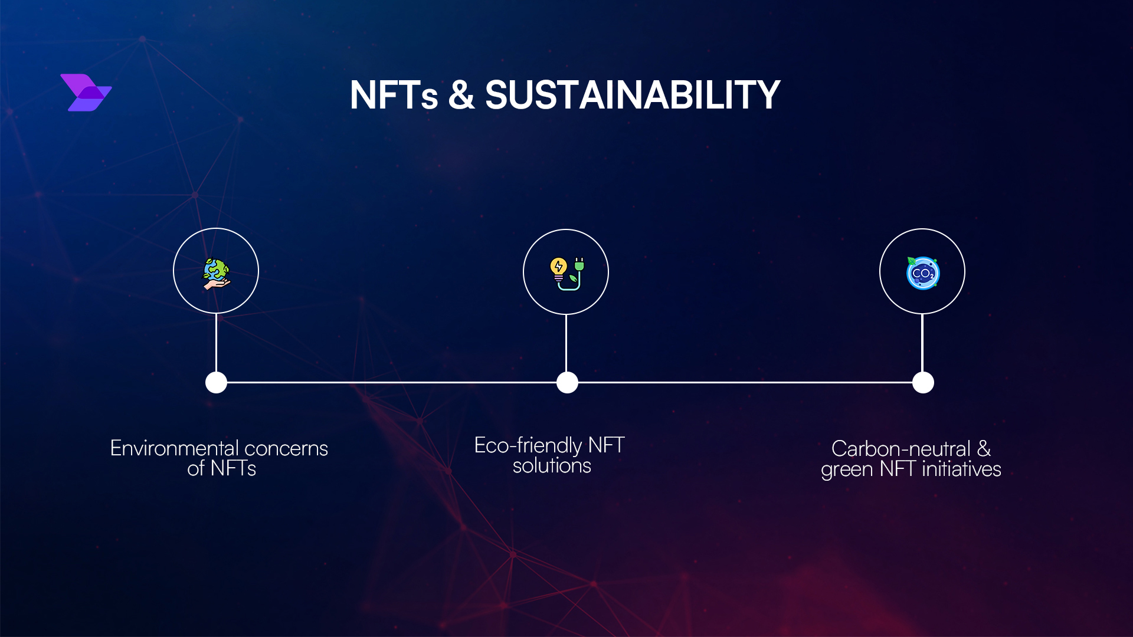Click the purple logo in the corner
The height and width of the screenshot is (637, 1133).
pos(86,93)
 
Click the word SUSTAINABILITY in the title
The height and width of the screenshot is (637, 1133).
pos(633,96)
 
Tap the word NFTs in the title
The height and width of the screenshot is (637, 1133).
pos(394,96)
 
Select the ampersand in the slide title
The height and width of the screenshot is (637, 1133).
pos(461,96)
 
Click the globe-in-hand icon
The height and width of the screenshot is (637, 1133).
pos(216,273)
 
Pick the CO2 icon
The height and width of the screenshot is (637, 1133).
pos(922,273)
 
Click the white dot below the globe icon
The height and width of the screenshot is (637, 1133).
pos(216,382)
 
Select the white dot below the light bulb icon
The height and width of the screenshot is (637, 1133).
pos(567,382)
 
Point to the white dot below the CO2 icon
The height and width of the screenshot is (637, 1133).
pos(923,382)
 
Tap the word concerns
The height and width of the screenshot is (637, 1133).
pos(286,449)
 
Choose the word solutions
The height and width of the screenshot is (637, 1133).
pos(552,466)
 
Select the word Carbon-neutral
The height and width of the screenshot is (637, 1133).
pos(900,449)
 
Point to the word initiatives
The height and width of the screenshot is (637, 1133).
pos(961,469)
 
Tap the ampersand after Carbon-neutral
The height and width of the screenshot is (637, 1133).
pos(984,449)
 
